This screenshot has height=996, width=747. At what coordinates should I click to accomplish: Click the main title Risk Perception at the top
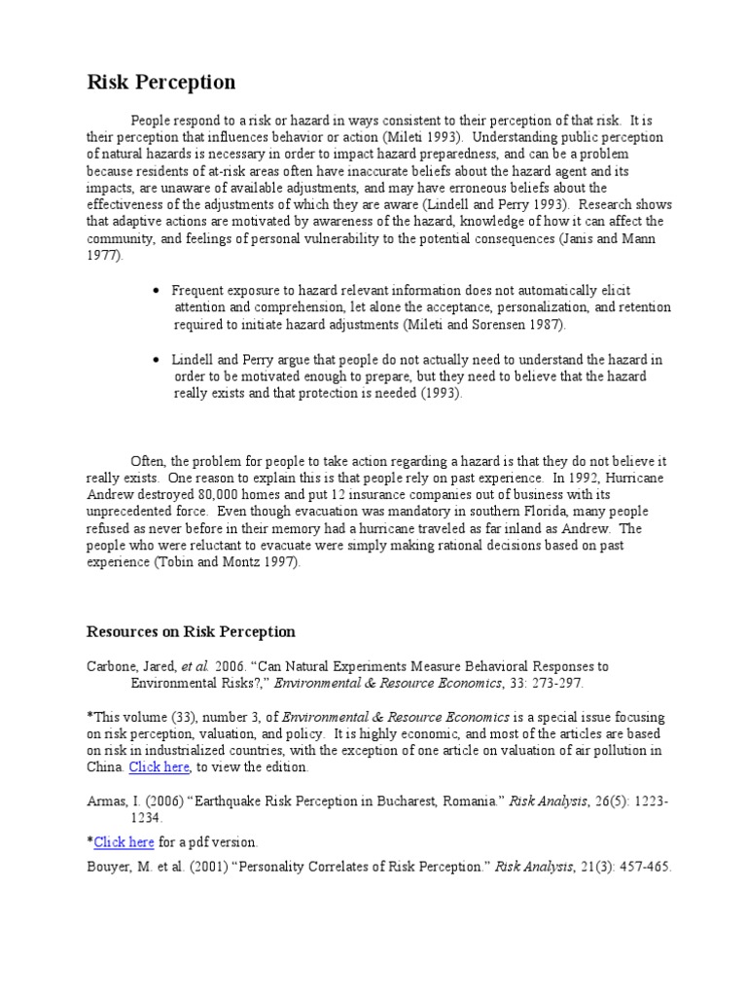pyautogui.click(x=161, y=82)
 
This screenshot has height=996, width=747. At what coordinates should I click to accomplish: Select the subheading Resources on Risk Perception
pyautogui.click(x=191, y=631)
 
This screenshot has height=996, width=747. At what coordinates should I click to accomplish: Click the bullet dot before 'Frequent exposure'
pyautogui.click(x=157, y=291)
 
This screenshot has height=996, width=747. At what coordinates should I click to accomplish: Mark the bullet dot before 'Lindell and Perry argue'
pyautogui.click(x=157, y=360)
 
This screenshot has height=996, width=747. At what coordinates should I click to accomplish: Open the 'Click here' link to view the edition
pyautogui.click(x=160, y=767)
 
